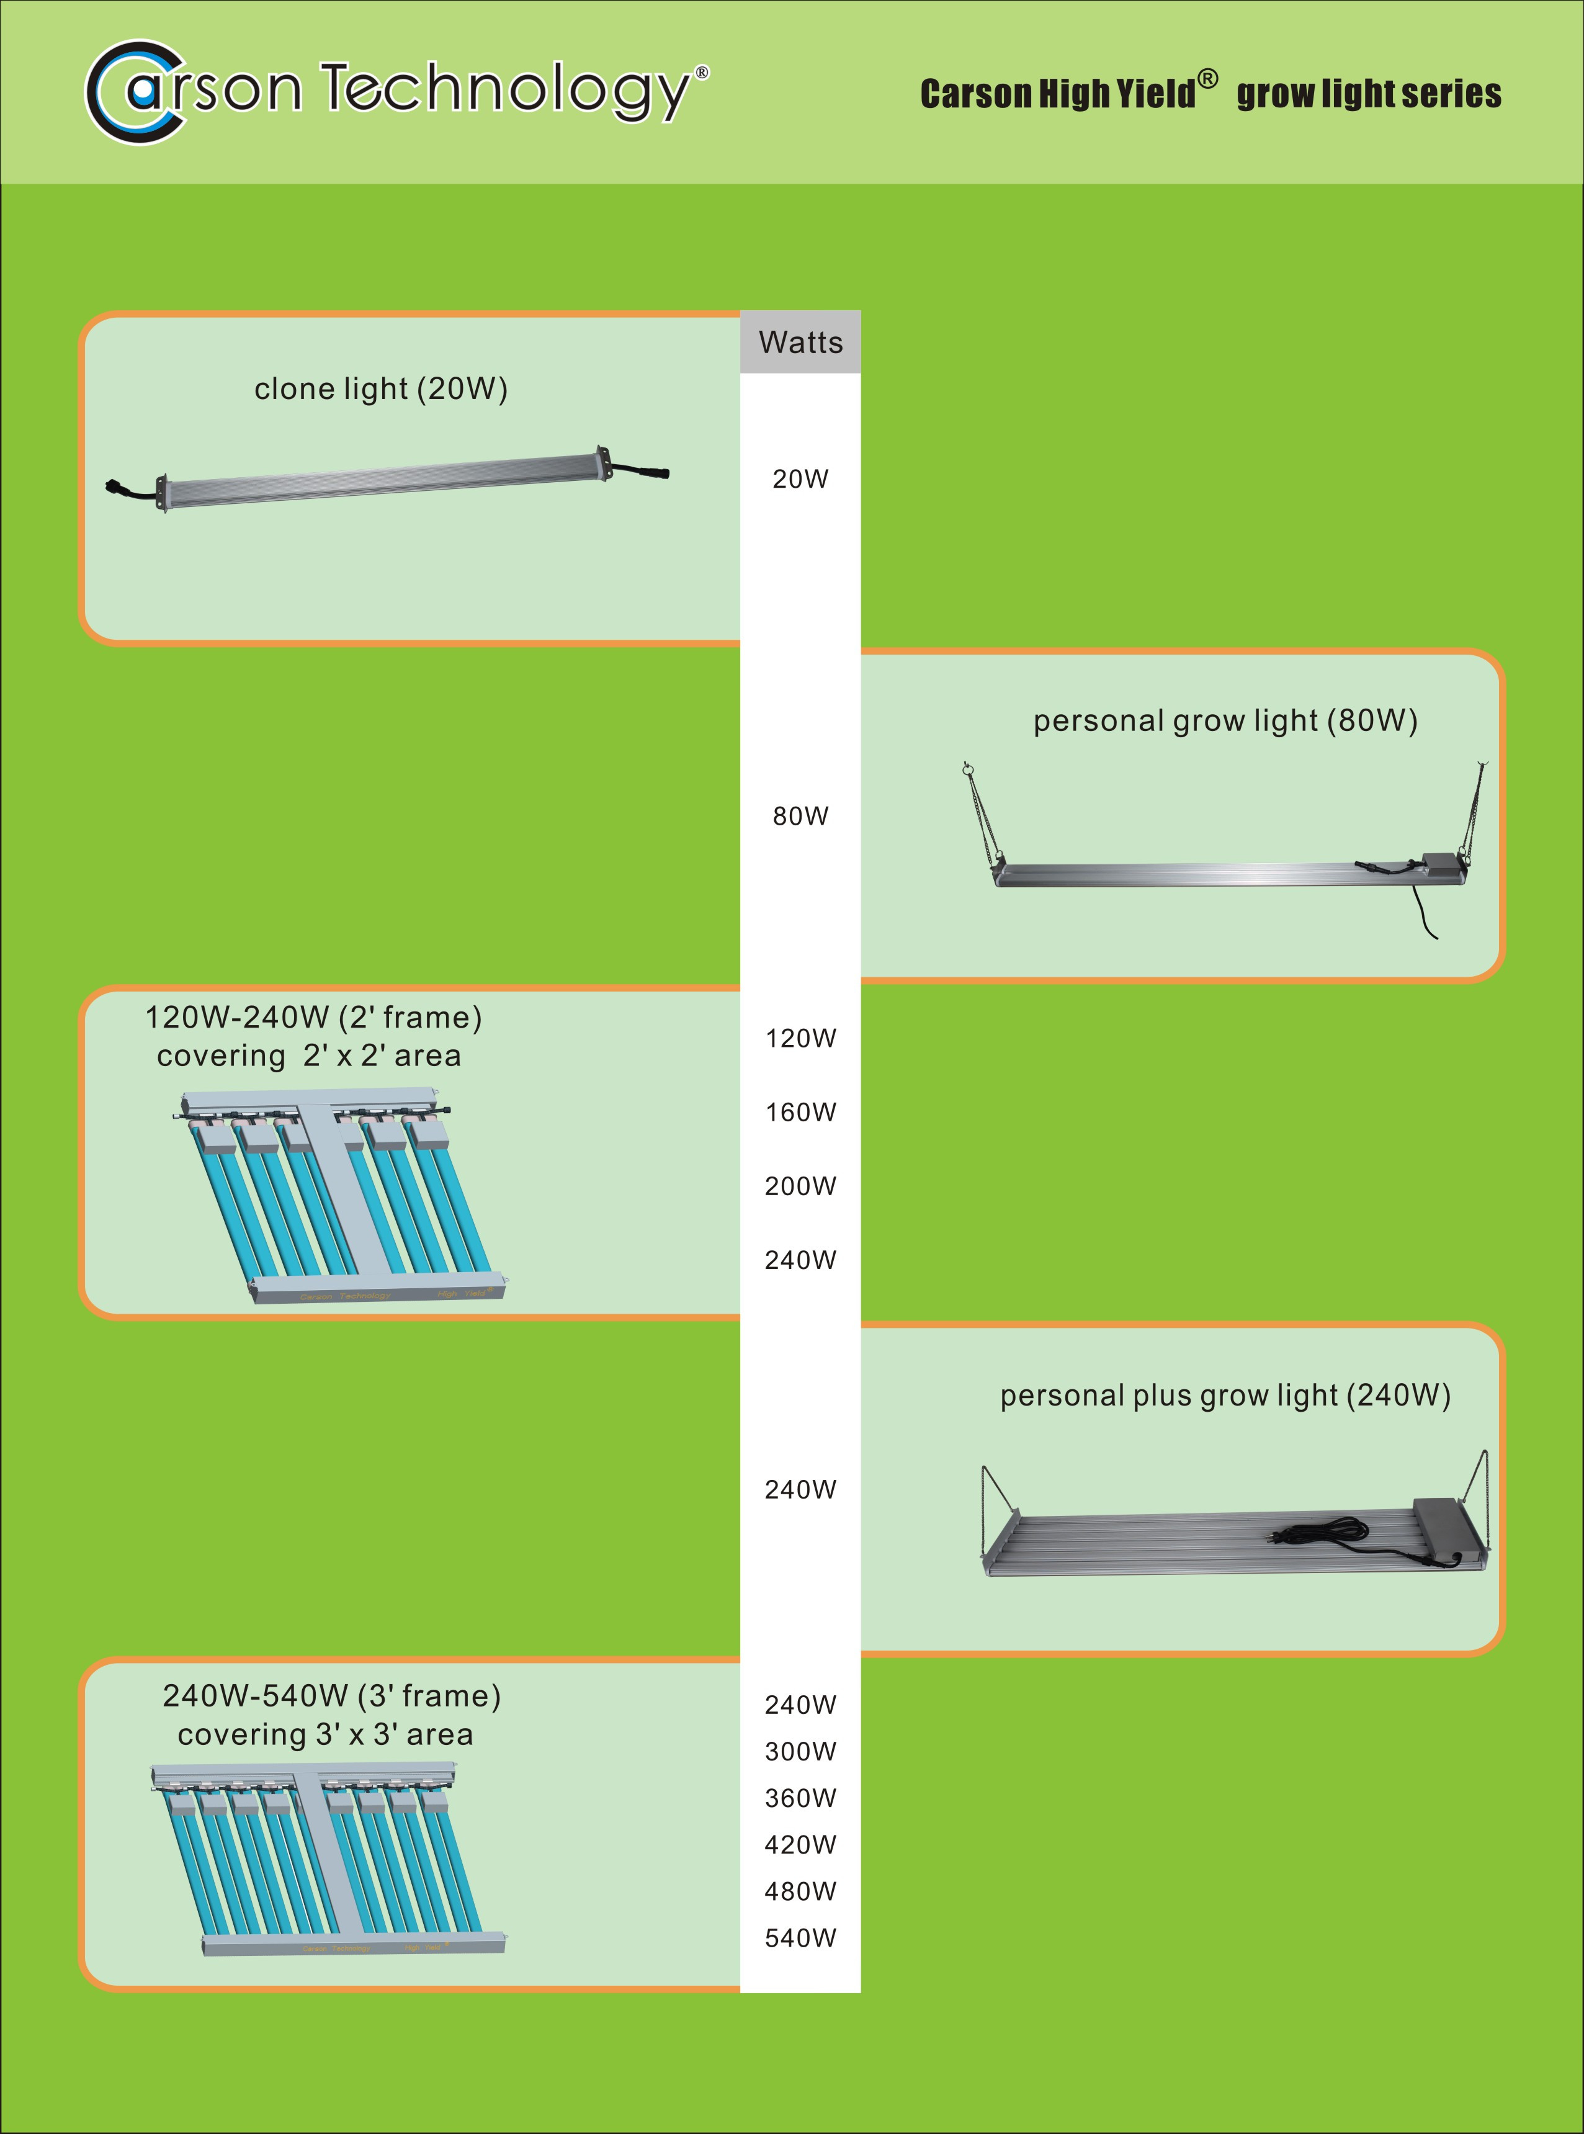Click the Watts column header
click(x=800, y=343)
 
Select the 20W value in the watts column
click(x=800, y=478)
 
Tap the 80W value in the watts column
click(x=800, y=816)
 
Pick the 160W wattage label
click(x=800, y=1113)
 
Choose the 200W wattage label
click(x=800, y=1186)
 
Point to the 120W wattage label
click(x=800, y=1039)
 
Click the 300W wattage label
click(x=800, y=1751)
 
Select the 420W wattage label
click(x=800, y=1844)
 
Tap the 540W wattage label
click(x=800, y=1937)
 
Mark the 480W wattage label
click(x=800, y=1891)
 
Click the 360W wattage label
click(x=800, y=1798)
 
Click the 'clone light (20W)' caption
click(x=381, y=390)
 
